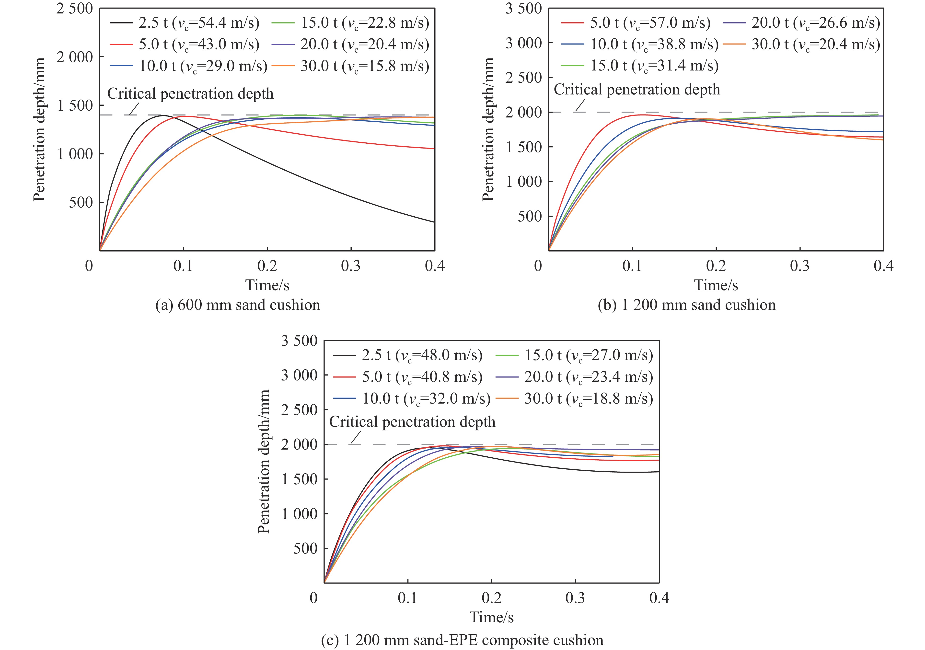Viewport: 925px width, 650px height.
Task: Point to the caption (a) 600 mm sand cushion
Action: pyautogui.click(x=238, y=305)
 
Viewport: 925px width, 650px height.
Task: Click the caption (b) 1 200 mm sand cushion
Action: pyautogui.click(x=686, y=305)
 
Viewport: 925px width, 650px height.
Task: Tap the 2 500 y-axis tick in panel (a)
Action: pyautogui.click(x=75, y=9)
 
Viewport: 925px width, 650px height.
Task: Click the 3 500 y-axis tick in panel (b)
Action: pyautogui.click(x=524, y=9)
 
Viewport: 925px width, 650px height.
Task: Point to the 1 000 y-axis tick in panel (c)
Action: pyautogui.click(x=299, y=514)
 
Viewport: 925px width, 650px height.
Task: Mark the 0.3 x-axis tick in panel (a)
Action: pyautogui.click(x=351, y=266)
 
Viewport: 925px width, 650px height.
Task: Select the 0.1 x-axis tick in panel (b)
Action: pyautogui.click(x=632, y=266)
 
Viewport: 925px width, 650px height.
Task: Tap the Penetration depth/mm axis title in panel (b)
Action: pyautogui.click(x=488, y=129)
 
